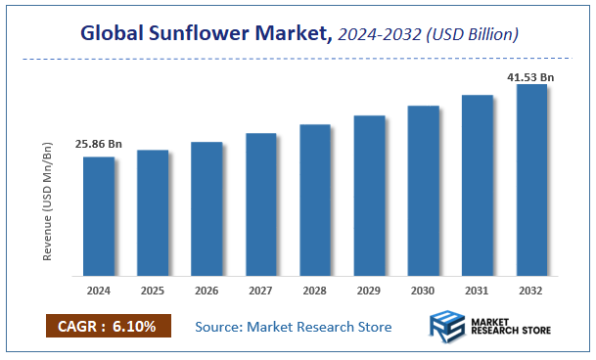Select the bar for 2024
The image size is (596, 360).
pos(99,216)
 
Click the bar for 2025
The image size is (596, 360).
pos(153,212)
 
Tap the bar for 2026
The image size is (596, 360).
pos(206,208)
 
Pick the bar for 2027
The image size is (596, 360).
pos(261,203)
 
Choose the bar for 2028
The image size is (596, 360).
pos(315,200)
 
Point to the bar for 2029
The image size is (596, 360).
pos(369,196)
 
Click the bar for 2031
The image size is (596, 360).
pos(478,185)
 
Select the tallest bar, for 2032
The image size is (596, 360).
pos(531,180)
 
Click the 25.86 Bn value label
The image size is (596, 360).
pos(99,145)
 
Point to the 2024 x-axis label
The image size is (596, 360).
pos(99,291)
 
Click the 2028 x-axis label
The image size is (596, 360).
pos(315,291)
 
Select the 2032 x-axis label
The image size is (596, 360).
pos(531,291)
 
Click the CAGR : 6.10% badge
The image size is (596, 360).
pos(108,326)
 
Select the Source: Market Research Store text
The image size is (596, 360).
pos(294,326)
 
